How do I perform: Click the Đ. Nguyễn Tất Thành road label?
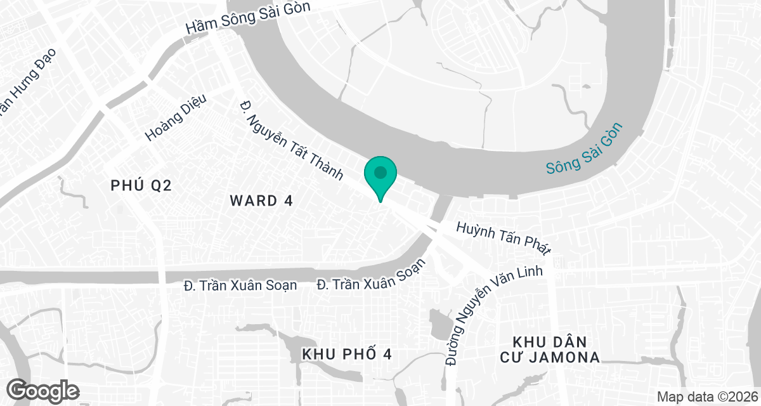pos(291,140)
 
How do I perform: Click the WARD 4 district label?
pos(261,201)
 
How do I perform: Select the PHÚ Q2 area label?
pos(141,185)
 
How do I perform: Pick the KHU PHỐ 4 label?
pos(347,354)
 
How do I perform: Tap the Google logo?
pos(43,390)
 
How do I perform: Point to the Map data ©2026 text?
pos(706,396)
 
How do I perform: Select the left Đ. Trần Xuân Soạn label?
pos(240,285)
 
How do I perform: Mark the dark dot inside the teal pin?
pos(380,172)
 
